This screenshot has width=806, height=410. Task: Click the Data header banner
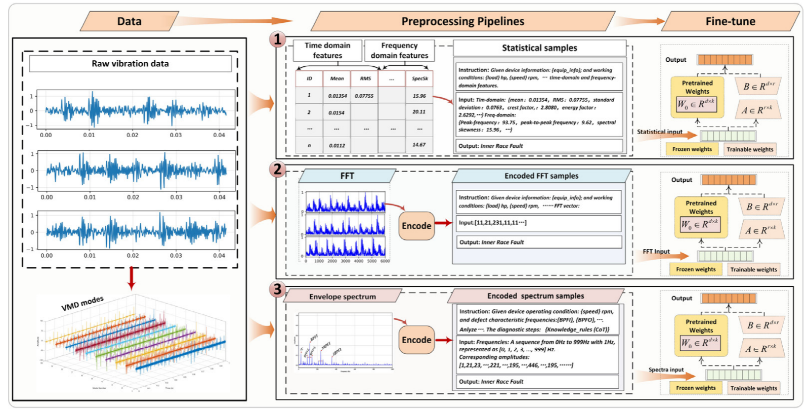tap(130, 21)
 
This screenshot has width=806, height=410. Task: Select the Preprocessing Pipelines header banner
tap(462, 21)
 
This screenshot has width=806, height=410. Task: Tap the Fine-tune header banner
tap(730, 21)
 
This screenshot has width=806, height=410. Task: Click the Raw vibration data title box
tap(130, 64)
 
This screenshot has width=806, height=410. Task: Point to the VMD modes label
tap(82, 303)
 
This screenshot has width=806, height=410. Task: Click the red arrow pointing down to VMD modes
tap(132, 277)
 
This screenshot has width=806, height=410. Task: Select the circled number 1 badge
tap(278, 39)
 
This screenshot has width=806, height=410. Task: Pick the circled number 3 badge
tap(278, 289)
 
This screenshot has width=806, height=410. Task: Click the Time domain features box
tap(327, 51)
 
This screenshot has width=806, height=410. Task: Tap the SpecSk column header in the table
tap(419, 78)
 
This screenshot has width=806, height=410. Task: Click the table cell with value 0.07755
tap(364, 96)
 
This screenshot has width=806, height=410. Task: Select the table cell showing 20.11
tap(419, 112)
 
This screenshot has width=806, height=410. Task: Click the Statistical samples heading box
tap(539, 48)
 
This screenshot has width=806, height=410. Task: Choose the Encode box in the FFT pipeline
tap(416, 226)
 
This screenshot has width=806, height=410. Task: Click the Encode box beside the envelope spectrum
tap(416, 340)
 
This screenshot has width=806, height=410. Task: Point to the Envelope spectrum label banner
tap(343, 297)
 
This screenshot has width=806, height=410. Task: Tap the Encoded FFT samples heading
tap(541, 176)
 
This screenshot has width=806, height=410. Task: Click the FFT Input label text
tap(656, 252)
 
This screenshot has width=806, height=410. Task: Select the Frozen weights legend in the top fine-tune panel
tap(692, 149)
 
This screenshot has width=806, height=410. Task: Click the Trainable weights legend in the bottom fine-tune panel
tap(753, 388)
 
